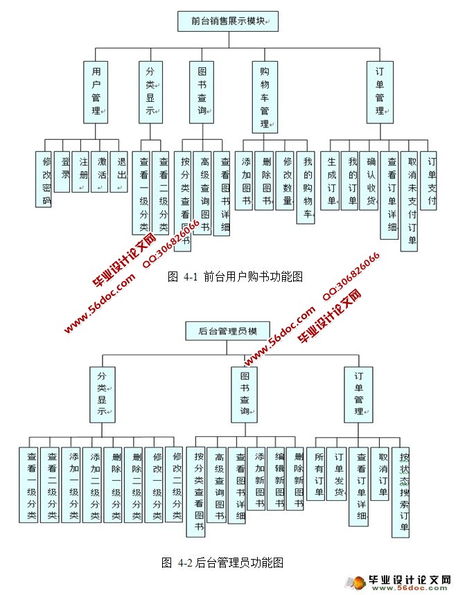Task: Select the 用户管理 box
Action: pos(96,91)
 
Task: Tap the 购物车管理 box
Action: pos(264,98)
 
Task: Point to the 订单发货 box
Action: pos(337,475)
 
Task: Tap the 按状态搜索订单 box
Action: pos(400,492)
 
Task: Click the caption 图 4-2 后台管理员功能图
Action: pos(222,562)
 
